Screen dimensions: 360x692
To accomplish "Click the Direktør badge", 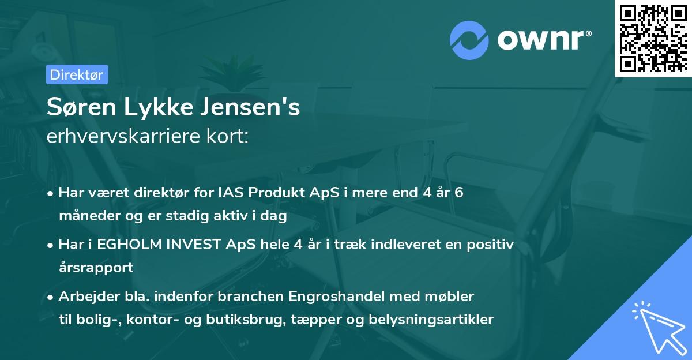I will [77, 74].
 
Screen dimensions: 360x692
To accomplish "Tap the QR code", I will [653, 39].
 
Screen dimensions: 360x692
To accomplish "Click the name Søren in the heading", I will [79, 108].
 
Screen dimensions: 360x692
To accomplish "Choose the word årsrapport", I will [96, 268].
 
